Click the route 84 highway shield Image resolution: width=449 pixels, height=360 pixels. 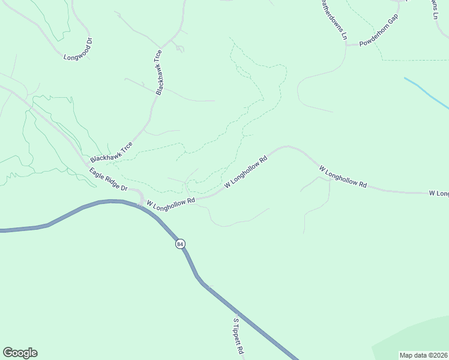point(180,244)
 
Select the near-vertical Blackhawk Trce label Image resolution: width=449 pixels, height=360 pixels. point(158,72)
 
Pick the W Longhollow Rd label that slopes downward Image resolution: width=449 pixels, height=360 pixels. point(342,178)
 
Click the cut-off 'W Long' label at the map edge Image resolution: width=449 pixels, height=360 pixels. point(439,193)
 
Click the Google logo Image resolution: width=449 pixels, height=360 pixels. point(20,353)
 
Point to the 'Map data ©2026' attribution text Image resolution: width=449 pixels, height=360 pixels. point(424,355)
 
